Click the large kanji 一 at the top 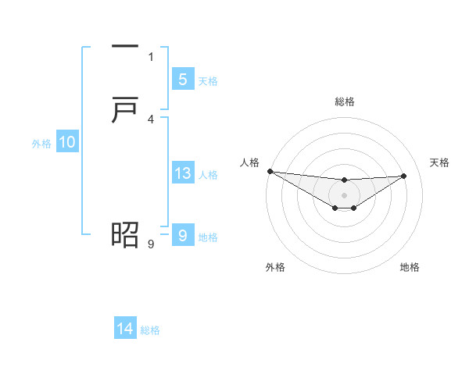coord(125,48)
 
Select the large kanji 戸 coord(125,110)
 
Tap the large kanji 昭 coord(125,233)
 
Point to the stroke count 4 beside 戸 coord(151,119)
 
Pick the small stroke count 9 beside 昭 coord(151,244)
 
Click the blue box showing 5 coord(182,79)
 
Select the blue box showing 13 coord(182,173)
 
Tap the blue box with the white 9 coord(182,234)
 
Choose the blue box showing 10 coord(67,142)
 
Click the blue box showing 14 coord(125,329)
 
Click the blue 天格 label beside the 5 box coord(208,80)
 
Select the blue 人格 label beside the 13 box coord(208,175)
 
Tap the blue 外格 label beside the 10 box coord(41,144)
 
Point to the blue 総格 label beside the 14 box coord(150,330)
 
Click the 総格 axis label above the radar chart coord(344,102)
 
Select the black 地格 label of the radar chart coord(410,268)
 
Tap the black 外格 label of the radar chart coord(275,268)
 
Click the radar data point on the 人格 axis coord(270,171)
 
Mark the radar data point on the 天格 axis coord(403,176)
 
